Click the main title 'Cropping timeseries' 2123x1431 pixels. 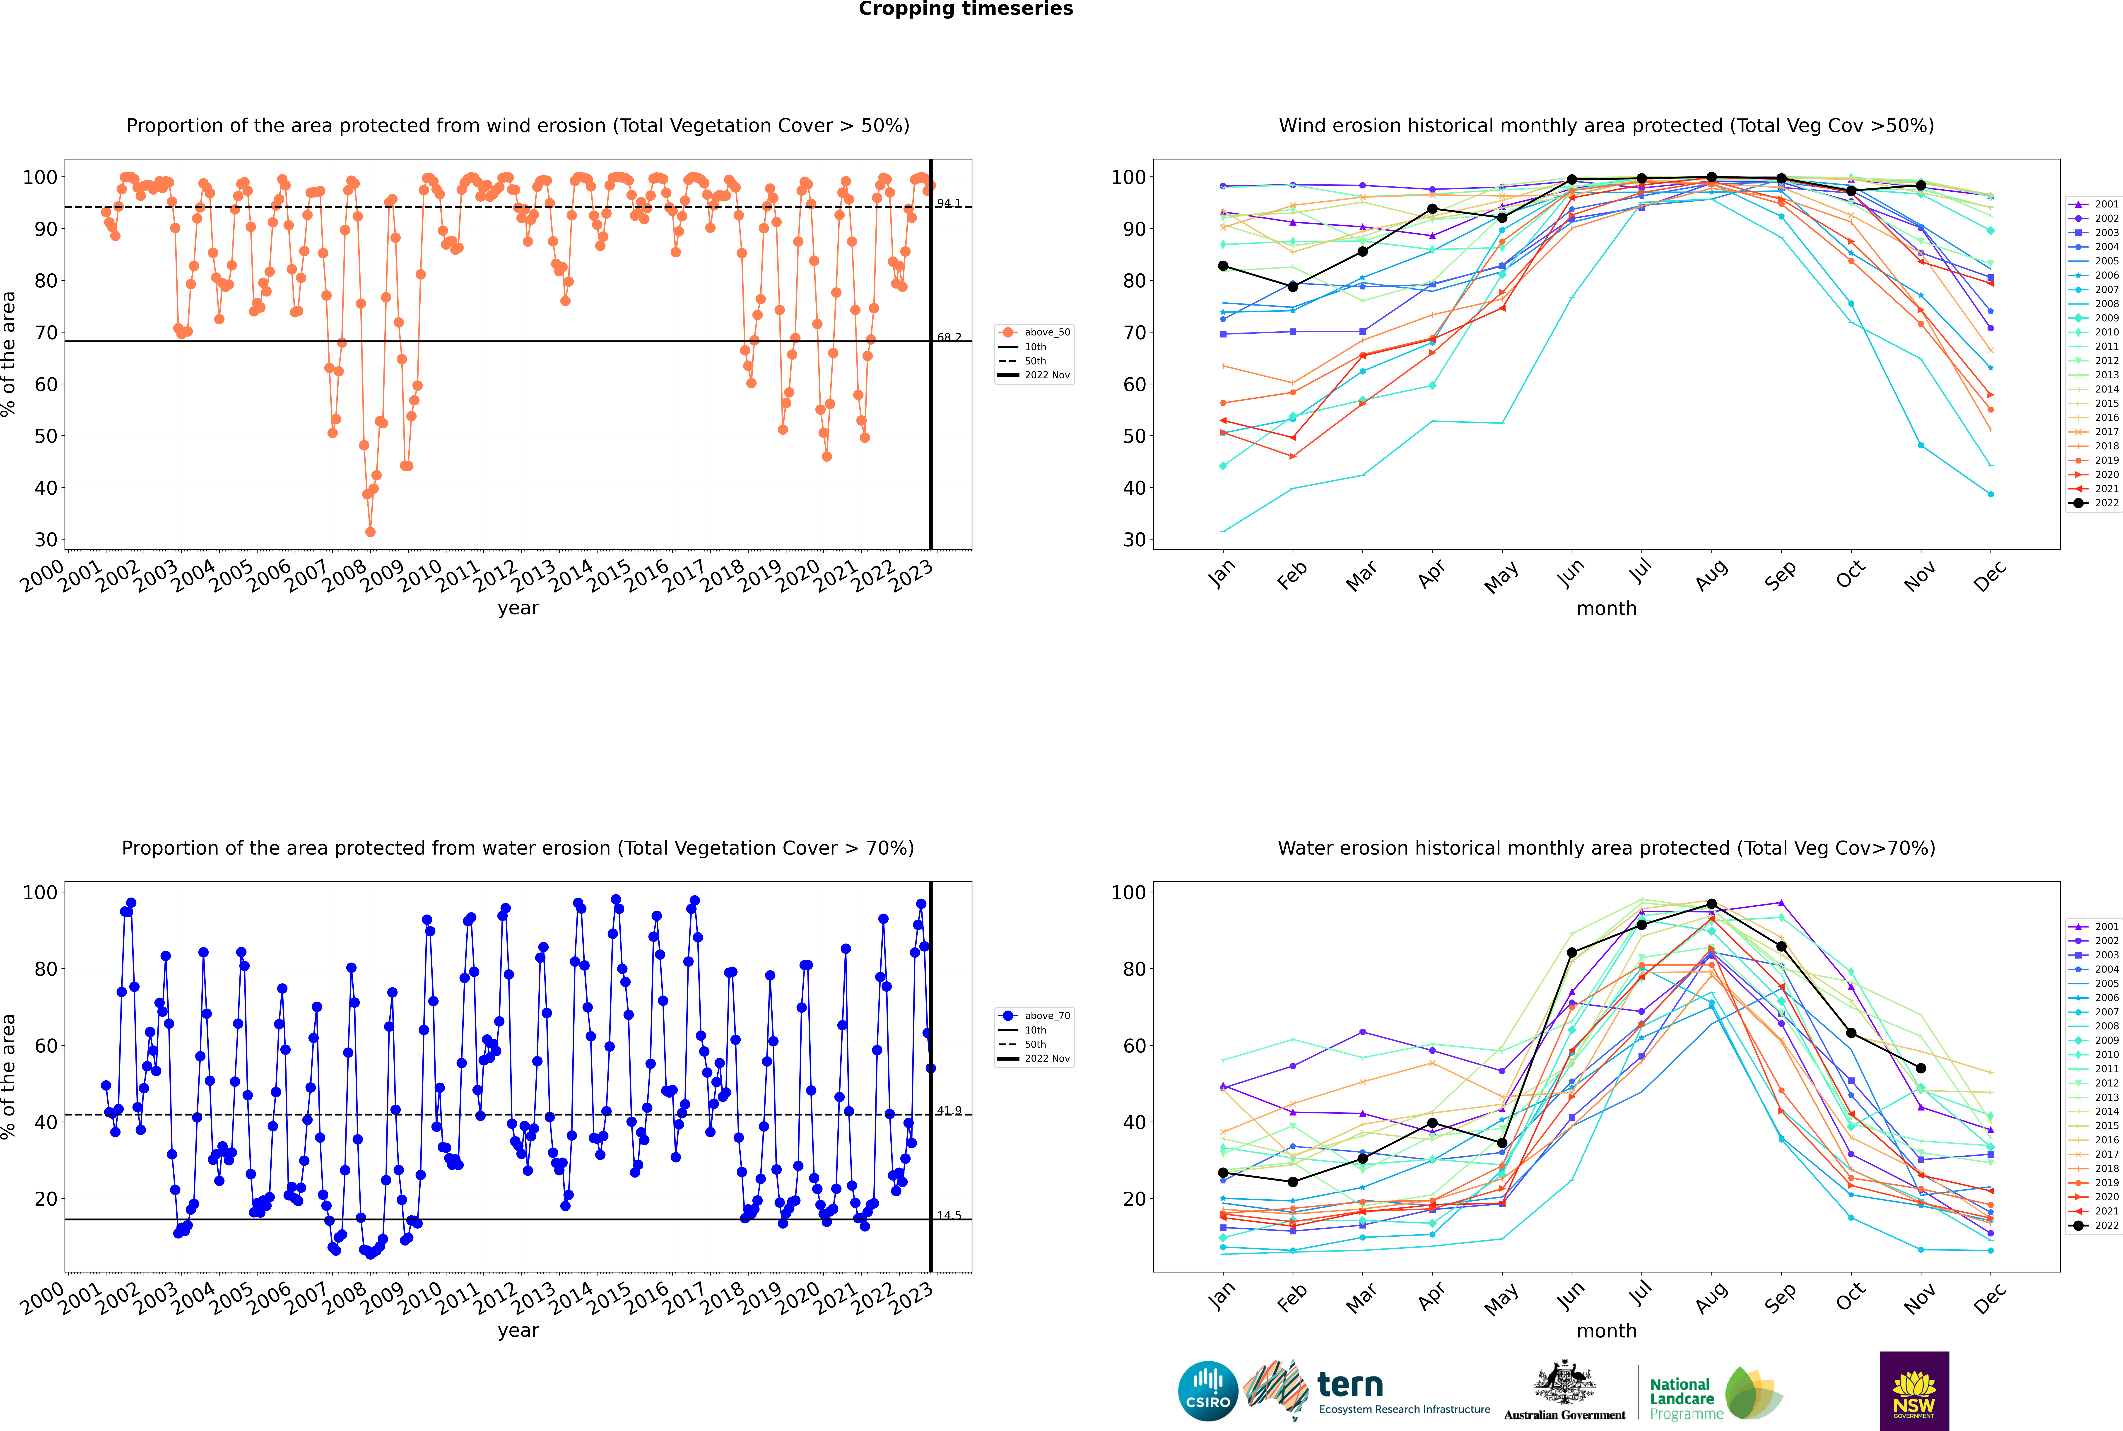tap(966, 9)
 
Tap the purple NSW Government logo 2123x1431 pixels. tap(1914, 1391)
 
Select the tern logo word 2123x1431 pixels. tap(1350, 1385)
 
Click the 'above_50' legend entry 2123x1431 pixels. tap(1034, 332)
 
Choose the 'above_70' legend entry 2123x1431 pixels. tap(1034, 1016)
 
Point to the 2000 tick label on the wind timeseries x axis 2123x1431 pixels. tap(43, 576)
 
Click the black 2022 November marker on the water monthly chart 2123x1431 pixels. tap(1920, 1068)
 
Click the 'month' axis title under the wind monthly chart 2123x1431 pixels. tap(1606, 609)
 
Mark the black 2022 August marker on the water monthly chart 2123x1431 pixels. tap(1711, 903)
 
